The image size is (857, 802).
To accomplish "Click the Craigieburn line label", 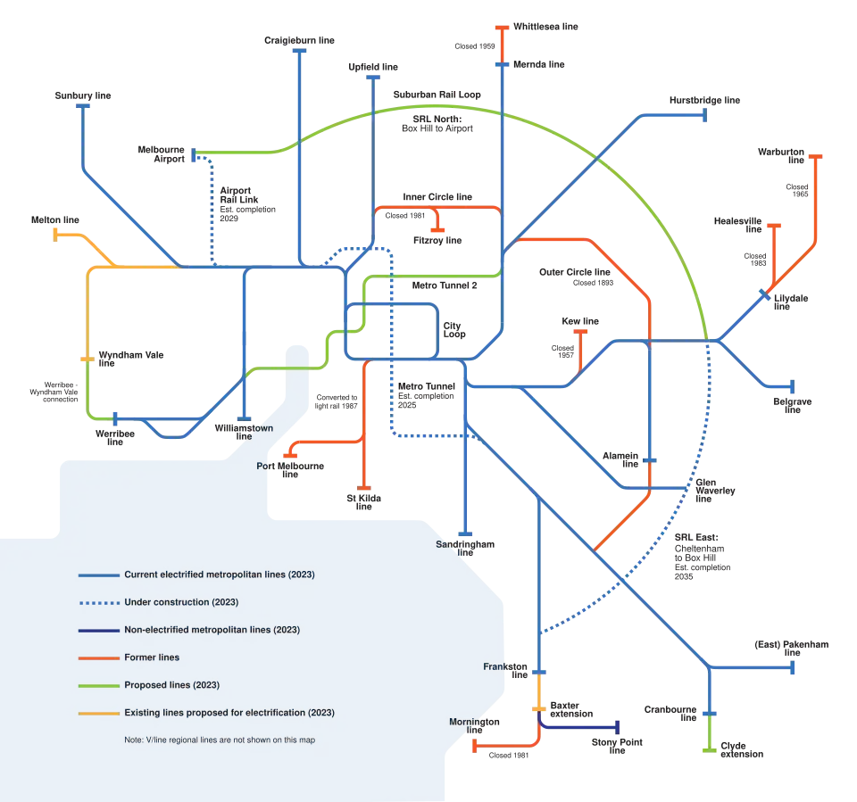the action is click(299, 40).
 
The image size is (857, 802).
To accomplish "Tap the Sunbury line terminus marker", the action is click(82, 106).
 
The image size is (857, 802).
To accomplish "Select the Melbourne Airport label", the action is click(162, 154).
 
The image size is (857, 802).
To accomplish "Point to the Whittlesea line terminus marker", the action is click(502, 28).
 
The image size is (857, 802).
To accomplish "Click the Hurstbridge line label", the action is click(704, 101).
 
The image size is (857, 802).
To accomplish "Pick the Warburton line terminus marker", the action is click(815, 157).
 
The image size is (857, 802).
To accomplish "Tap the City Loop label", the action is click(454, 330).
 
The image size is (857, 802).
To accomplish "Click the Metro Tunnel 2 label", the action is click(445, 285).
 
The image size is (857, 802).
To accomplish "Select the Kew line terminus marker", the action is click(580, 332).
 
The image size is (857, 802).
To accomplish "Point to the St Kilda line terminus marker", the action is click(363, 488).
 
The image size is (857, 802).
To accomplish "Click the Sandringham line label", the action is click(465, 548).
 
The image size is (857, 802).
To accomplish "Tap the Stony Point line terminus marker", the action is click(618, 727).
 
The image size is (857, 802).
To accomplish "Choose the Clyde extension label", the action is click(742, 749).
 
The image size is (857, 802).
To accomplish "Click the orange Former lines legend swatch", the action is click(99, 658).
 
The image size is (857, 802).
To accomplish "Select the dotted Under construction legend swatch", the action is click(99, 603).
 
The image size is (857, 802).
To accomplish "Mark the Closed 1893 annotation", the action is click(593, 283).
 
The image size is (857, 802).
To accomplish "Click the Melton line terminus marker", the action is click(55, 235).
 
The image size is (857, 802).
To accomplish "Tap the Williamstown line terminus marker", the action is click(244, 419).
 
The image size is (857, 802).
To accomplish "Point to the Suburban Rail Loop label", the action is click(437, 95).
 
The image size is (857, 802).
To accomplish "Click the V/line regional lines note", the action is click(220, 740).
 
